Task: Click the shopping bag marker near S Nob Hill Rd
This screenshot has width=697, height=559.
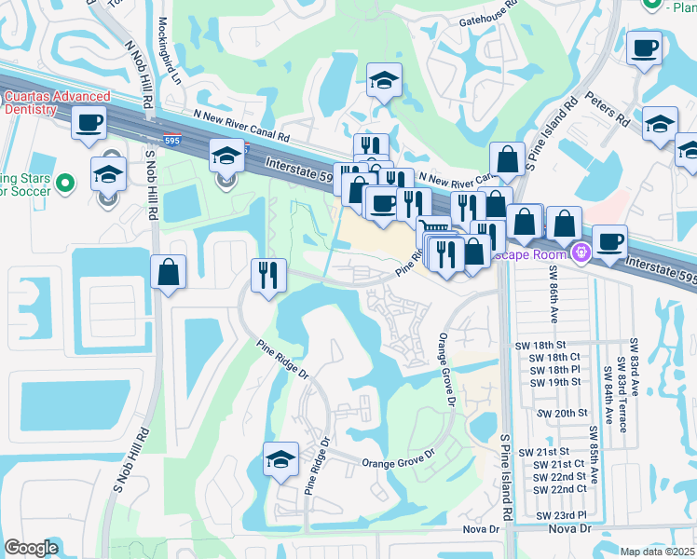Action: (168, 273)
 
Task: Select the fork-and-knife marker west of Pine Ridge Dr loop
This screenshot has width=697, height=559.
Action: (267, 276)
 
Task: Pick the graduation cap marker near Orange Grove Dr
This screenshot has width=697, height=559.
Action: (280, 459)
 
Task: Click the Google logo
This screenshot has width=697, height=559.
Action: (31, 548)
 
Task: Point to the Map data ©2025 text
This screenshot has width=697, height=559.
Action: (657, 552)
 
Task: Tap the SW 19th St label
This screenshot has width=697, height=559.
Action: (556, 382)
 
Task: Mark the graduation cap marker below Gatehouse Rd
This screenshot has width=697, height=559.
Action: (382, 81)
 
